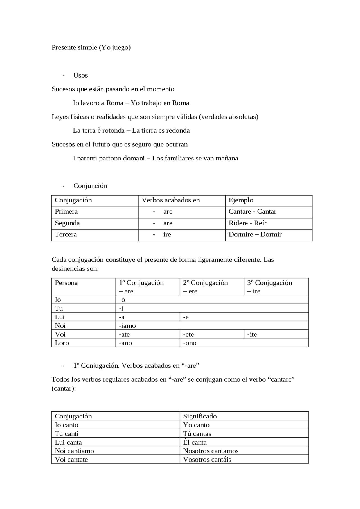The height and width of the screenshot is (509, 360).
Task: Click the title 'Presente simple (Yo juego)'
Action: click(91, 47)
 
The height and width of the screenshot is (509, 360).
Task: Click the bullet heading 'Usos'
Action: click(80, 75)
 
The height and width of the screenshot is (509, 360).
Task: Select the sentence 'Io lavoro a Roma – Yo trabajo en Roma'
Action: click(131, 103)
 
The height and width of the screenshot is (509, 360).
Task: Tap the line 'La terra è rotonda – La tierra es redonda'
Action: click(131, 130)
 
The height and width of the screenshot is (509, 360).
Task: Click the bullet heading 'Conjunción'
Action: click(90, 186)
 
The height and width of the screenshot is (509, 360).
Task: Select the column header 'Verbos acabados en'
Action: click(171, 200)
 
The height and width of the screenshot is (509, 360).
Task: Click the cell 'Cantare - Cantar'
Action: click(252, 211)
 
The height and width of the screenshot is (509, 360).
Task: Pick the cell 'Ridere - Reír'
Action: click(247, 223)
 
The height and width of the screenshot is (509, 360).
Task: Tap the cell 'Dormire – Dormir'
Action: click(255, 234)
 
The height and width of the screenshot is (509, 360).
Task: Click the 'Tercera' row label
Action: click(66, 234)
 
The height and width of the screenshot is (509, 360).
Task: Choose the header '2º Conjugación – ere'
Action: click(205, 287)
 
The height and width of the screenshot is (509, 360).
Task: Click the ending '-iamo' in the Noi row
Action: click(127, 326)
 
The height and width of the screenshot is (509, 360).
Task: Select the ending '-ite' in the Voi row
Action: click(252, 334)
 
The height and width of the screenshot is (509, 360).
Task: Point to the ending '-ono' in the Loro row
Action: click(190, 343)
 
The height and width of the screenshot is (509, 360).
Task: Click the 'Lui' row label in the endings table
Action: click(60, 317)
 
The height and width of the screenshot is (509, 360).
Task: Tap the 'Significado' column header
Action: click(200, 416)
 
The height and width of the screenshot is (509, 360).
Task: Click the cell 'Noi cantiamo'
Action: click(74, 451)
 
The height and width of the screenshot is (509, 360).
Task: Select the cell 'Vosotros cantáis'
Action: click(207, 460)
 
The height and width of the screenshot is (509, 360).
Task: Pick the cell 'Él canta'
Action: click(195, 442)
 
